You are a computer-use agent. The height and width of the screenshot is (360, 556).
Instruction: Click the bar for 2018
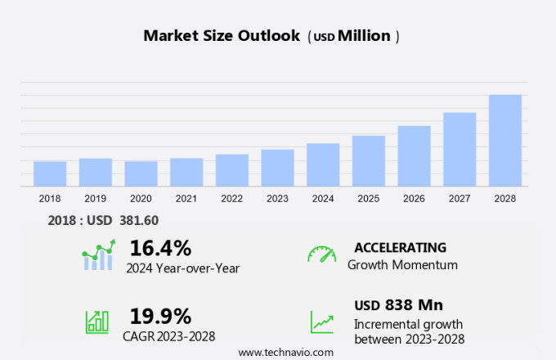(x=50, y=173)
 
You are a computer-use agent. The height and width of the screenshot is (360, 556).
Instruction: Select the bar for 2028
(x=505, y=141)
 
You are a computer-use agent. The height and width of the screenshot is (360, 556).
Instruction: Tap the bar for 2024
(x=323, y=164)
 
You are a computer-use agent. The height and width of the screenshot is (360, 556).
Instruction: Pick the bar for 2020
(x=141, y=173)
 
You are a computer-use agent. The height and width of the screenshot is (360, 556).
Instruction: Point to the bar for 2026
(x=414, y=155)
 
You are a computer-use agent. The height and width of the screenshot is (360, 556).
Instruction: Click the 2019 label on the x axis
(x=95, y=199)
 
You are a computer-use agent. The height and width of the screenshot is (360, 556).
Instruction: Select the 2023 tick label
(x=277, y=199)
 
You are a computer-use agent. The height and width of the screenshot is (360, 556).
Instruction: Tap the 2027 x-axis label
(x=460, y=199)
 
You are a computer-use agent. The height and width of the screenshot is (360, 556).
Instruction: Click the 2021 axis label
(x=186, y=199)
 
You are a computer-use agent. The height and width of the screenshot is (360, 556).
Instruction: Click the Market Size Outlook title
(x=221, y=36)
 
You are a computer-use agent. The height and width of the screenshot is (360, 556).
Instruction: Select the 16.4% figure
(x=160, y=248)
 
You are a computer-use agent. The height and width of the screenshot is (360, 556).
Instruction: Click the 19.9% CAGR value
(x=160, y=316)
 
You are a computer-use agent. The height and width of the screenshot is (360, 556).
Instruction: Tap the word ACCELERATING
(x=400, y=248)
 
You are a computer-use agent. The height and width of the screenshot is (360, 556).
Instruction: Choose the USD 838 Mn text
(x=399, y=305)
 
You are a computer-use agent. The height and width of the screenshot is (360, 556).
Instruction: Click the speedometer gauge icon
(x=321, y=254)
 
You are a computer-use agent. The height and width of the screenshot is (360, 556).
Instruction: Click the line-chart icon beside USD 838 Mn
(x=321, y=321)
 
